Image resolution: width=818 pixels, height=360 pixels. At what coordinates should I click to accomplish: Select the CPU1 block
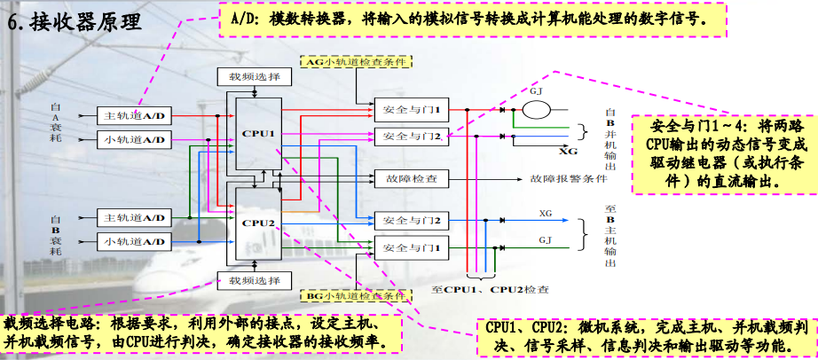point(258,133)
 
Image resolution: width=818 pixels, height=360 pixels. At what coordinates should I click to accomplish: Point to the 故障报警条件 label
point(568,178)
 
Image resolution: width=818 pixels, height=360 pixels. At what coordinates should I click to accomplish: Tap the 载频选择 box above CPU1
point(254,77)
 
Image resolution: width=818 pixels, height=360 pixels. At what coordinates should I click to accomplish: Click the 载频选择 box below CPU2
point(254,281)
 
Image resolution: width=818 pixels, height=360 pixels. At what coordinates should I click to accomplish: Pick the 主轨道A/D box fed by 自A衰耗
point(134,116)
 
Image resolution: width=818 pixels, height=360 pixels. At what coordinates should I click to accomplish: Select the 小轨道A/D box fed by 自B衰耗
point(134,240)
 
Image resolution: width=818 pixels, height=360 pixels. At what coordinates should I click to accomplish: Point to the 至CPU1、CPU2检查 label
point(490,289)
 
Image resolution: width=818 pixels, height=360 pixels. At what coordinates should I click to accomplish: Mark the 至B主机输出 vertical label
point(610,234)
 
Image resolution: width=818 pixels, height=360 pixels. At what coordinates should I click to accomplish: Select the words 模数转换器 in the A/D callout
point(302,17)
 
